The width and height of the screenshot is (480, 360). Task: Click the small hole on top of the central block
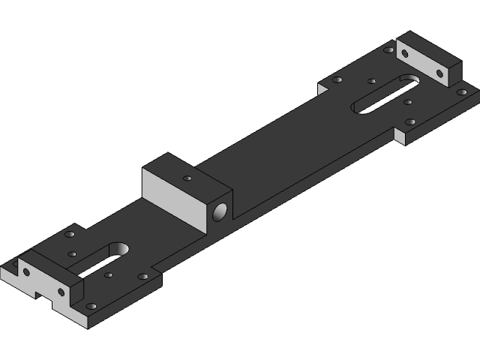[x=187, y=179]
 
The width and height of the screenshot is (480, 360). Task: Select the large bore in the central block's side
[x=221, y=212]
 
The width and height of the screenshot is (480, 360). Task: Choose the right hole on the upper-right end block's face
[x=439, y=73]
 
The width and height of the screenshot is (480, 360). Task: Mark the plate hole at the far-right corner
[x=461, y=92]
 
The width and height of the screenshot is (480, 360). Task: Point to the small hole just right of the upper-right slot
[x=408, y=102]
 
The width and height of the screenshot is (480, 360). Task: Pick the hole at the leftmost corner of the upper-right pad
[x=337, y=79]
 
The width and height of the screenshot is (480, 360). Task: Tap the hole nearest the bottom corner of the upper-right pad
[x=410, y=121]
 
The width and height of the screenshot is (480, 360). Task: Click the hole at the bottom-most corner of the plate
[x=91, y=307]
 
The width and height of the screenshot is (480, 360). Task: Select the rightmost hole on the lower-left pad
[x=142, y=277]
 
